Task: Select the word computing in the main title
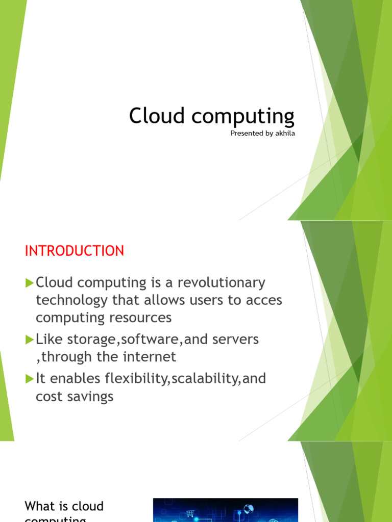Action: (243, 117)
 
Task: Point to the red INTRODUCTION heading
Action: (75, 251)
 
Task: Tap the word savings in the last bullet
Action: (89, 397)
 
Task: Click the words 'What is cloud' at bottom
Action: (64, 506)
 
